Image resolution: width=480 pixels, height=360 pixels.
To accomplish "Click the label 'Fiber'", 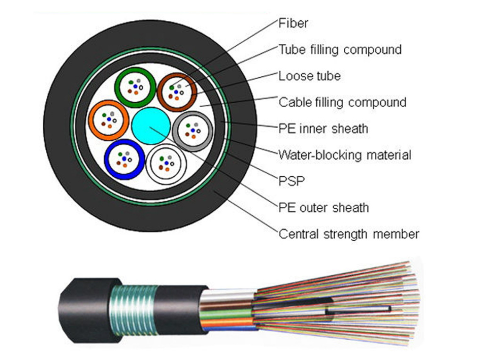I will pyautogui.click(x=293, y=23).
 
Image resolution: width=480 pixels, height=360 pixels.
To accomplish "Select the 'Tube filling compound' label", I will pyautogui.click(x=339, y=49).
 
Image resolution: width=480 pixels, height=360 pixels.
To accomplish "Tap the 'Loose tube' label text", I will pyautogui.click(x=309, y=76).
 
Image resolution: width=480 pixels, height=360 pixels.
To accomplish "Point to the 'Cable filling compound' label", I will pyautogui.click(x=342, y=102).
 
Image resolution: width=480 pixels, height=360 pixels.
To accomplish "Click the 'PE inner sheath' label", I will pyautogui.click(x=323, y=128).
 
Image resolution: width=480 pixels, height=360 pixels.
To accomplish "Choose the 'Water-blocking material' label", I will pyautogui.click(x=344, y=155).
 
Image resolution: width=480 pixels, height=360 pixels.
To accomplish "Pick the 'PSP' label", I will pyautogui.click(x=291, y=181).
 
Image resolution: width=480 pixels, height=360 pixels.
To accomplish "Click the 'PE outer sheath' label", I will pyautogui.click(x=323, y=207).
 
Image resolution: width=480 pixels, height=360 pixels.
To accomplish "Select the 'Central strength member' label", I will pyautogui.click(x=348, y=234).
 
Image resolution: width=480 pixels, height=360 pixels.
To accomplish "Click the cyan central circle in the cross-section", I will pyautogui.click(x=151, y=125).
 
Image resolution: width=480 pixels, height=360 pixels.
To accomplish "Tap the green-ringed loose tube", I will pyautogui.click(x=135, y=88).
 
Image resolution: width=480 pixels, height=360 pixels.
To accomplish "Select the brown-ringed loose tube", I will pyautogui.click(x=177, y=92).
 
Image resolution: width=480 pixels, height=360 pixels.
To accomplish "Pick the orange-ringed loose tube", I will pyautogui.click(x=109, y=120).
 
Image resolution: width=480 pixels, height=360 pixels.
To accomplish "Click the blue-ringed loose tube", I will pyautogui.click(x=124, y=159).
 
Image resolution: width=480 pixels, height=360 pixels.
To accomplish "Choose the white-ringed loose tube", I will pyautogui.click(x=166, y=164).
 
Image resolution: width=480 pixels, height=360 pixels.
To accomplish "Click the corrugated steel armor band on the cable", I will pyautogui.click(x=133, y=310).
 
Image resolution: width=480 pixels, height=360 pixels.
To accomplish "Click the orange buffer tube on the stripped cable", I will pyautogui.click(x=226, y=323).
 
